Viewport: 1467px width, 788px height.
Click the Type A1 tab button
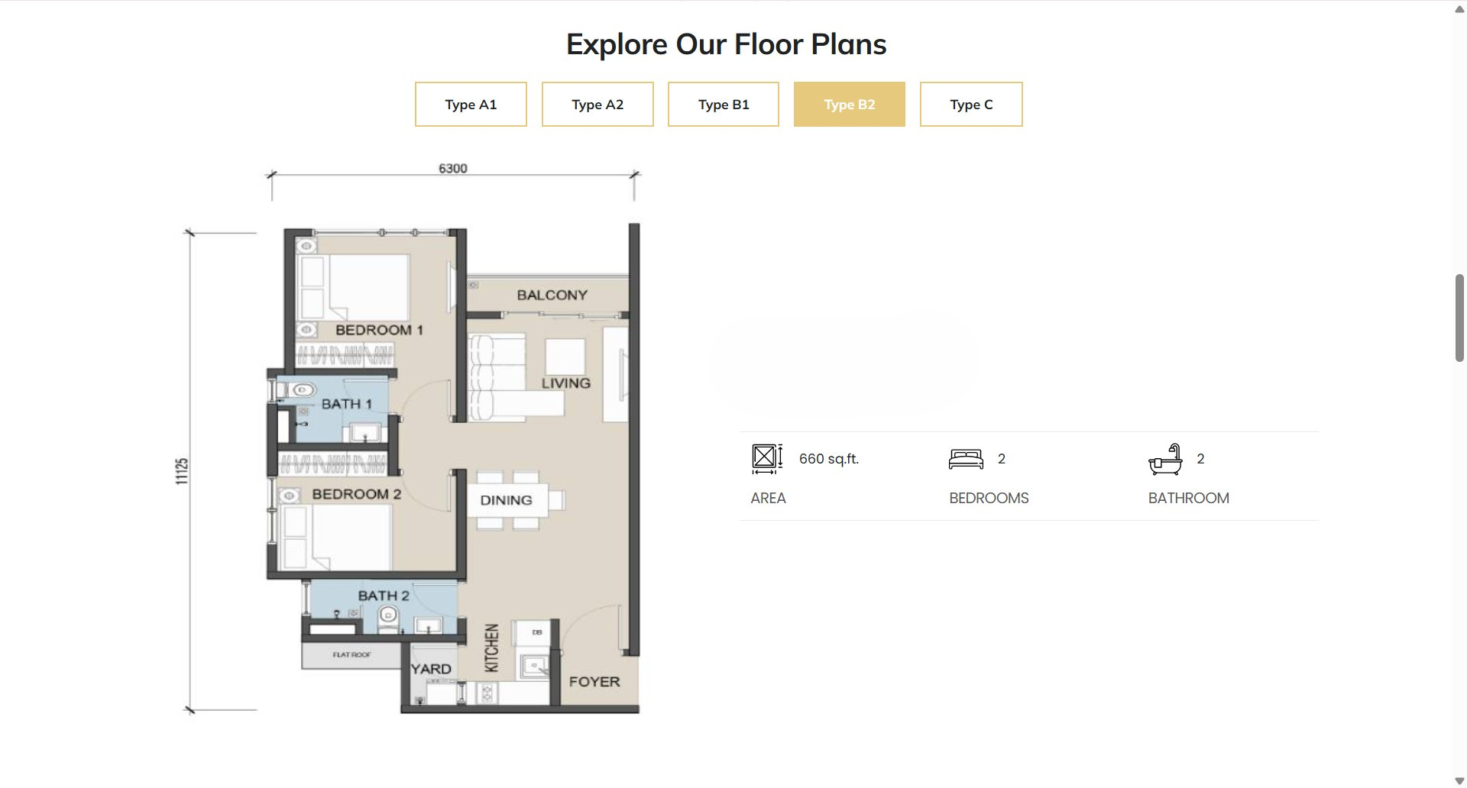(x=471, y=104)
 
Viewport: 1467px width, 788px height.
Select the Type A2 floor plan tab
(x=597, y=104)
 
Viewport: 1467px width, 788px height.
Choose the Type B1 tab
(x=724, y=104)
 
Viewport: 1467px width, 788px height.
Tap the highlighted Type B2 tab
(x=850, y=104)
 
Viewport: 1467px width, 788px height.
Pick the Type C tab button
(x=971, y=104)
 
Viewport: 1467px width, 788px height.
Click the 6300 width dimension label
(x=453, y=168)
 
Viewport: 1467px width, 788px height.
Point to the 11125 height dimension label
(x=182, y=471)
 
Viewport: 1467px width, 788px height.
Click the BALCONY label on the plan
(x=552, y=295)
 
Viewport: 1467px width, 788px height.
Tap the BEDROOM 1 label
(x=379, y=330)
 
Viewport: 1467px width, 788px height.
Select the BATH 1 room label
(x=346, y=404)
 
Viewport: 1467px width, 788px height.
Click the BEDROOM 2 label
(x=357, y=494)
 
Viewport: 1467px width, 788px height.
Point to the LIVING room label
(x=566, y=383)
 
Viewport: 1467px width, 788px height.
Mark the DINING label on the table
(x=506, y=500)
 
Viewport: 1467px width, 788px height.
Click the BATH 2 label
(x=384, y=596)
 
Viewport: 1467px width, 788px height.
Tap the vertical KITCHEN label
(x=492, y=648)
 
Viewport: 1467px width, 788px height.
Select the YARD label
(x=431, y=669)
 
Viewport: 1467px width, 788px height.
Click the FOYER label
(x=594, y=682)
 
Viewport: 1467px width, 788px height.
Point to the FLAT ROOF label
(x=352, y=654)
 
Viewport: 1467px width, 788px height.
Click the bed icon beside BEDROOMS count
(x=966, y=459)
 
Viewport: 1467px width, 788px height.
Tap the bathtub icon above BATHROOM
(x=1165, y=459)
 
